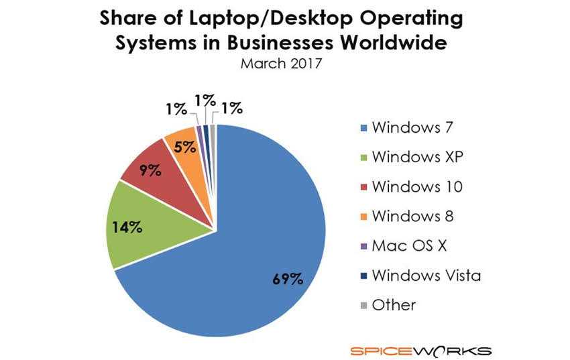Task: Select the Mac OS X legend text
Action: click(408, 246)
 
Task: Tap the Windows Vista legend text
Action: click(426, 275)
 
